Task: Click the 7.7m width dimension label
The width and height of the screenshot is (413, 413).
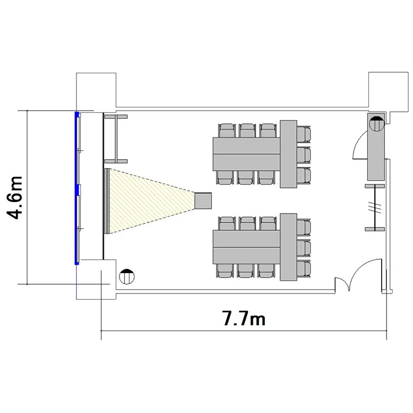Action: point(244,318)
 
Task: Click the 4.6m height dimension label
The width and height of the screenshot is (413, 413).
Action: point(15,198)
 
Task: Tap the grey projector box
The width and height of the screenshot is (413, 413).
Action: point(203,200)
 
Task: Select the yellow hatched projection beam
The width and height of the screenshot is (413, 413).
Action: point(150,201)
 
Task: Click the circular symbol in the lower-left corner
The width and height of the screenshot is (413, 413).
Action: point(127,276)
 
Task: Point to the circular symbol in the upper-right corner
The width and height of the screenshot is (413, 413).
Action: point(377,124)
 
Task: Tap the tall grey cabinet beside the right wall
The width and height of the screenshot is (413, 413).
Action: point(376,147)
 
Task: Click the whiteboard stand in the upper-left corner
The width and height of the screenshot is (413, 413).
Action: point(116,139)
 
